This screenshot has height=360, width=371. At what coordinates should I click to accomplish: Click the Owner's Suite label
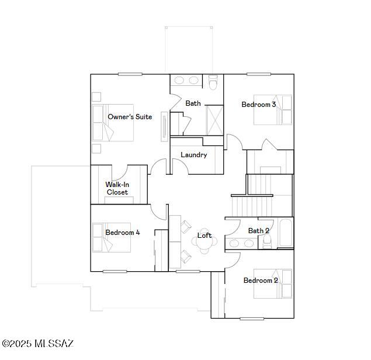coord(130,117)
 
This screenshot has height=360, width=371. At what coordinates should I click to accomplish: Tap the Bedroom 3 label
coord(259,105)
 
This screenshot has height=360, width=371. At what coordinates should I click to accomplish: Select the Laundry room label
coord(193,155)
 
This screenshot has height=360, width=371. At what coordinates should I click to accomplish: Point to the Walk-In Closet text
coord(117,188)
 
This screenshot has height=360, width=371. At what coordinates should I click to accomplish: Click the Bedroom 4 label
coord(122,233)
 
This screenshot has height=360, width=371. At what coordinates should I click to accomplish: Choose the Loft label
coord(204,236)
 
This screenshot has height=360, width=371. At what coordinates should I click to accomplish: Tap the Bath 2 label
coord(258,231)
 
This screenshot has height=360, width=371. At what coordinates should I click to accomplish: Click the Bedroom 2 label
coord(261,281)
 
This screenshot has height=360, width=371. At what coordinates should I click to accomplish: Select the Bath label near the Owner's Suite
coord(193,103)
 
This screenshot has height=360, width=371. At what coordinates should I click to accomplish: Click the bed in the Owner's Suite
coord(113,123)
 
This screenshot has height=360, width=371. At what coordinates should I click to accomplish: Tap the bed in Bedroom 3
coord(272,110)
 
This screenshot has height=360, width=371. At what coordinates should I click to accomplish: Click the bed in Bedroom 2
coord(273,284)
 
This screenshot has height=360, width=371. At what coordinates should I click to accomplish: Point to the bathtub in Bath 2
coord(285,233)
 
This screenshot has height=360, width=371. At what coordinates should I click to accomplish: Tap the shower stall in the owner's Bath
coord(214,119)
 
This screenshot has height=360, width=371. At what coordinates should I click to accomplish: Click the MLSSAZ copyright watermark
coord(38,344)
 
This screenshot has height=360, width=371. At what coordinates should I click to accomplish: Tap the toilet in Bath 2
coord(267,243)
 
